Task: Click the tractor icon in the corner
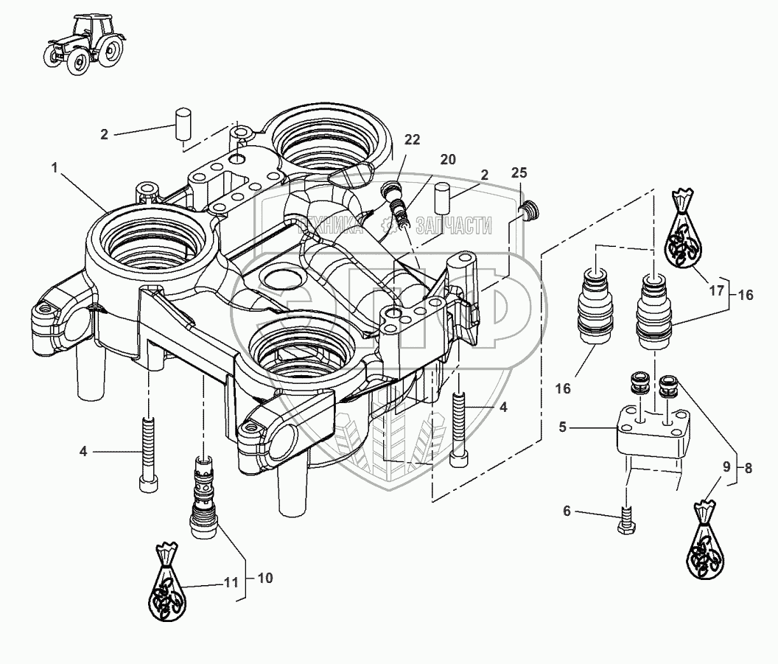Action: coord(83,45)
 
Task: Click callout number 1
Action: coord(55,168)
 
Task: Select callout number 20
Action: coord(448,160)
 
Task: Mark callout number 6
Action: coord(567,511)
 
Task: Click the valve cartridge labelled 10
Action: coord(203,497)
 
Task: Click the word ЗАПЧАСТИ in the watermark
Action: coord(454,227)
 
